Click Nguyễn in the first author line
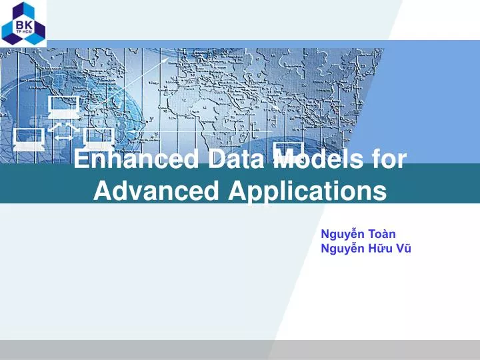(x=343, y=233)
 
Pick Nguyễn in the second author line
(x=343, y=249)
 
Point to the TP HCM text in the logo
(x=23, y=31)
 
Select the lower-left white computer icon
(x=29, y=139)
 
